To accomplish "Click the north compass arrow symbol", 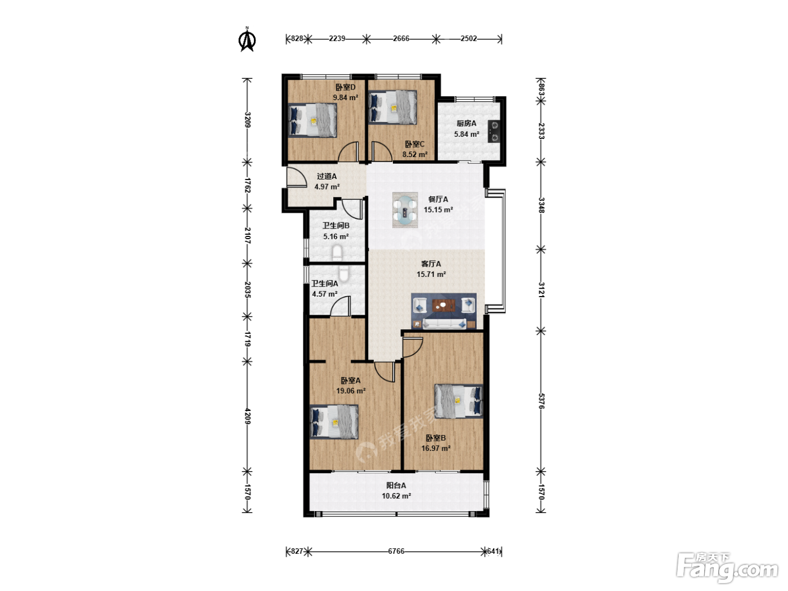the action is point(247,39).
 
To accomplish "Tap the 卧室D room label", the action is point(346,87).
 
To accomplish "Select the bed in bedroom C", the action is point(393,108).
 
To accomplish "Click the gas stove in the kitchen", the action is point(494,131).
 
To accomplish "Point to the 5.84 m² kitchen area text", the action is point(467,134).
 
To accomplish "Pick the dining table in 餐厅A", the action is point(405,210).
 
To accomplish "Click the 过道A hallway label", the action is point(326,176).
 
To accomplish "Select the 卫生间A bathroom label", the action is point(325,284).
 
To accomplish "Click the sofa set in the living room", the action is point(444,311).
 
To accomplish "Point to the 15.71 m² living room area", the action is point(431,275).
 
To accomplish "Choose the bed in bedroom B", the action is point(458,401).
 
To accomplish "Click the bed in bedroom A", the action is point(334,422).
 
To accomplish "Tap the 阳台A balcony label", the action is point(396,486).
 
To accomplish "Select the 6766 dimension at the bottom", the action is point(396,551).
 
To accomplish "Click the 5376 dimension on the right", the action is point(541,401).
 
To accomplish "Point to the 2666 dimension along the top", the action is point(401,38).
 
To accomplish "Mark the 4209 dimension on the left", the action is point(247,416).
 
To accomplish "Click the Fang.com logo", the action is point(727,567).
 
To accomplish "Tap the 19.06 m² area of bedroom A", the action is point(351,391).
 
